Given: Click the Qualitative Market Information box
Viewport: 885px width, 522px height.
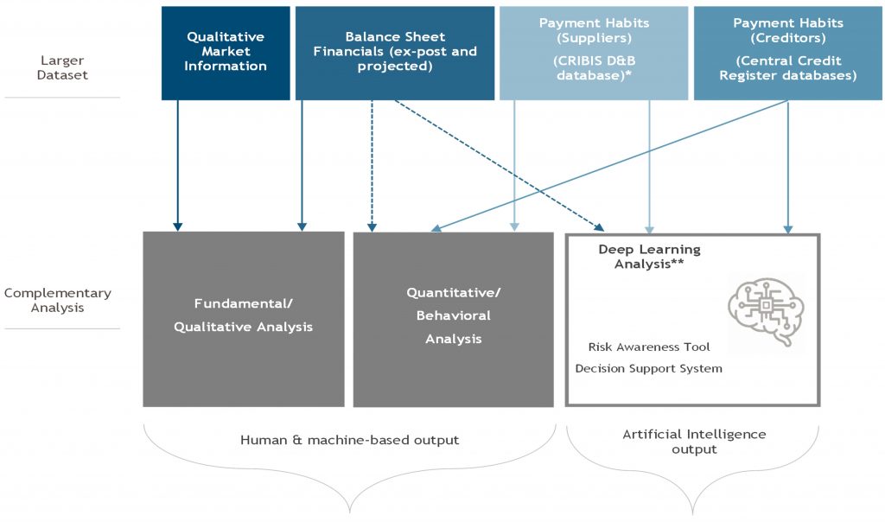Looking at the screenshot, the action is [226, 53].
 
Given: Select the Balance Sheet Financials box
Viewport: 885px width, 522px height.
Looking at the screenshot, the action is [395, 53].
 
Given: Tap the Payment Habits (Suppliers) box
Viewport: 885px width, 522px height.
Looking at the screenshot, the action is [594, 53].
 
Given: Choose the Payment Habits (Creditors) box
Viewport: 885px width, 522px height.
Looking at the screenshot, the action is [788, 53].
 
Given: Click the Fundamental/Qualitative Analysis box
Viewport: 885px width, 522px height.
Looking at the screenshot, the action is [243, 319].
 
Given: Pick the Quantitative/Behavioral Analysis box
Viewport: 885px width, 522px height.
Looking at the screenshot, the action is [453, 319].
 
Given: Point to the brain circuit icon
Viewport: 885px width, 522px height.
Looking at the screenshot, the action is [766, 311].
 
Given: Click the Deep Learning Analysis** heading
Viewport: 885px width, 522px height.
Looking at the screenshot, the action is [649, 256].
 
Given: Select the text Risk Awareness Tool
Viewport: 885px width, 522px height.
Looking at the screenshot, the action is [649, 347].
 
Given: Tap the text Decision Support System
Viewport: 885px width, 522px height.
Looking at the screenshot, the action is [648, 368].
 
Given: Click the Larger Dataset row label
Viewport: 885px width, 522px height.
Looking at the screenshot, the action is [62, 67].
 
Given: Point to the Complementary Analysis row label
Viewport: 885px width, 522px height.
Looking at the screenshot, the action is [58, 300].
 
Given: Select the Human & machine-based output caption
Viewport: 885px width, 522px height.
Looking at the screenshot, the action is [349, 440].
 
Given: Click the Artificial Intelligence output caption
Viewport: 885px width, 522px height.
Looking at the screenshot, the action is [694, 442].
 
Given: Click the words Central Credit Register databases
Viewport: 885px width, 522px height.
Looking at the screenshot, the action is [788, 67].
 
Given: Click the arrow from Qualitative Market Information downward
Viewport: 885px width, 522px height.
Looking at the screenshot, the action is [178, 166].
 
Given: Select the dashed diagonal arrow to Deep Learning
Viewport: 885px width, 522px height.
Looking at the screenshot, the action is [500, 166].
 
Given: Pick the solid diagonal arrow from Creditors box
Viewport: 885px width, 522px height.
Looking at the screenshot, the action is [609, 166].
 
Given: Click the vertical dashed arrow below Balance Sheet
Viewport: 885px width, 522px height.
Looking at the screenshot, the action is [372, 166].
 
